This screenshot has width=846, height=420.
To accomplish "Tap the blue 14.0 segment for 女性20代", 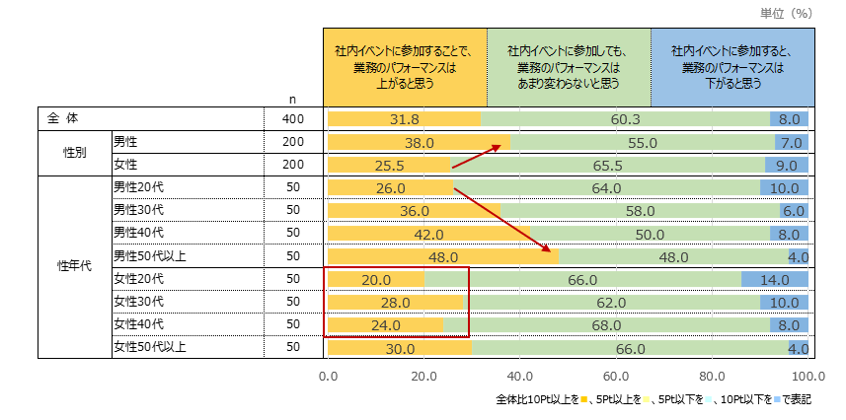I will tap(775, 279).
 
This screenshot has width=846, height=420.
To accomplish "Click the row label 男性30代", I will tap(137, 210).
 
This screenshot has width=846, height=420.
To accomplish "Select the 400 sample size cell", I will tap(294, 119).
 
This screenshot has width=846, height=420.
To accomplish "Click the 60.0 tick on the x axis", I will tap(616, 376).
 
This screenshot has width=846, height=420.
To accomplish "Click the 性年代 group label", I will tap(75, 267).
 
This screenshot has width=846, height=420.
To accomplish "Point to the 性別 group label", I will tap(75, 153).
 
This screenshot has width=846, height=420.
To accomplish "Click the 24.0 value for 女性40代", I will tap(384, 324).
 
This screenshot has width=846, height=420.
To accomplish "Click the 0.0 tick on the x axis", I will tap(329, 376).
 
